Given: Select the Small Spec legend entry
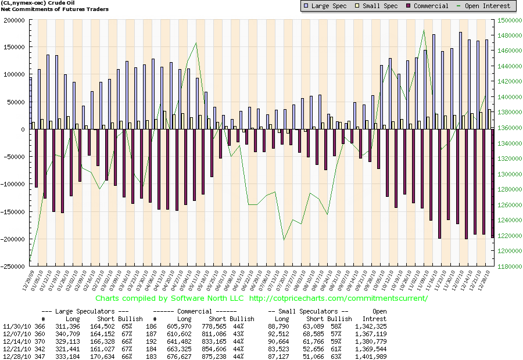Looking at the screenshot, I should pyautogui.click(x=379, y=6).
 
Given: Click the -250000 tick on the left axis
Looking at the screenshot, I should pyautogui.click(x=12, y=267).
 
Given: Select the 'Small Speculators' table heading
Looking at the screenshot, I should pyautogui.click(x=308, y=312).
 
